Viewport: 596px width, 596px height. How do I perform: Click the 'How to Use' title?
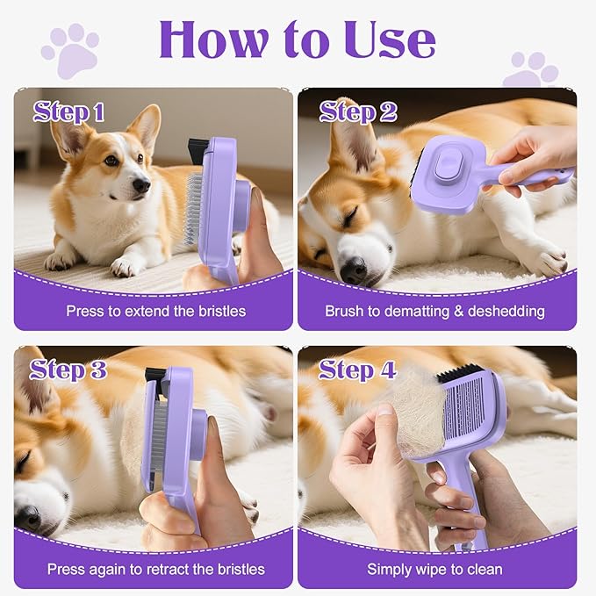click(297, 39)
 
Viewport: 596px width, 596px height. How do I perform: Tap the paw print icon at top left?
click(69, 50)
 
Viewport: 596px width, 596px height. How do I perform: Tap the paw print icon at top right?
click(529, 69)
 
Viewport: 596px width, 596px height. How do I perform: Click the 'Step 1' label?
click(69, 111)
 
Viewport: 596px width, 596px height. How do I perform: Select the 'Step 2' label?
click(357, 111)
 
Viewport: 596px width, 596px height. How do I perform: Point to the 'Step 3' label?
click(69, 370)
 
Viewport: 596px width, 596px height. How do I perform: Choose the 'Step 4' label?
click(357, 370)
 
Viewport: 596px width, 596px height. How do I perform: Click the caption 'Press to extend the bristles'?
click(156, 311)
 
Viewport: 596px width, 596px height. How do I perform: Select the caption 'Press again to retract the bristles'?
click(156, 569)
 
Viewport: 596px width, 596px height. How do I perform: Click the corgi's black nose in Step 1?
click(140, 185)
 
